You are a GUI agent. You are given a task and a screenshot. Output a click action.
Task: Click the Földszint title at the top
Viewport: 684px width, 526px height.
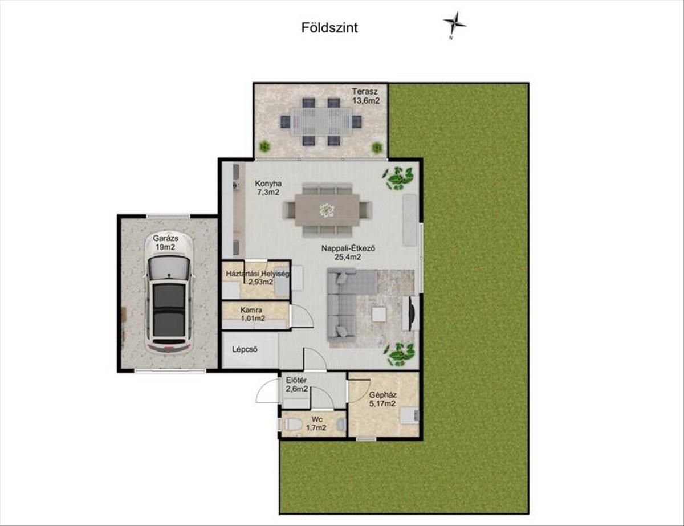tap(329, 28)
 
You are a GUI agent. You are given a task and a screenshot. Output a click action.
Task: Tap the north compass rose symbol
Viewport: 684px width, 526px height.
tap(454, 25)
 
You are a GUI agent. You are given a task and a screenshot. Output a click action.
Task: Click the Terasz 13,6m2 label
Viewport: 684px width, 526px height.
tap(365, 96)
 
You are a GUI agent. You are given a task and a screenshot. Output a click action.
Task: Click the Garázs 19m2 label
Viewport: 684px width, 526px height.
tap(165, 243)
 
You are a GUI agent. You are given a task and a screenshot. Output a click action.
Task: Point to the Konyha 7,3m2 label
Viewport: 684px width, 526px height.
tap(268, 188)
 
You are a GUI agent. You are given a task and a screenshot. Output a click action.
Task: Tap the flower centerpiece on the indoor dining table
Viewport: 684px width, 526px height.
tap(327, 210)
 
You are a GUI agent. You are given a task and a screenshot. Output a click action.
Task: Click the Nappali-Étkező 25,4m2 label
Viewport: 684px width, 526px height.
tap(348, 252)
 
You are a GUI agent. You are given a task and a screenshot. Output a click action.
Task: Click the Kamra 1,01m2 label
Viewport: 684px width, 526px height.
tap(253, 314)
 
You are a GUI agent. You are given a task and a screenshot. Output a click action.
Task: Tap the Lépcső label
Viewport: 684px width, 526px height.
tap(245, 349)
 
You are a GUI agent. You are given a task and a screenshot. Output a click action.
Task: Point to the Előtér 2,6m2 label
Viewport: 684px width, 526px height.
tap(296, 385)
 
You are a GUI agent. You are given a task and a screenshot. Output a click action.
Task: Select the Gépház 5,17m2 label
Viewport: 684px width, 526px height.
tap(382, 398)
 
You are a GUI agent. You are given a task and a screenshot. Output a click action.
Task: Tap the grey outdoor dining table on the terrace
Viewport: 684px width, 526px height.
tap(321, 121)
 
